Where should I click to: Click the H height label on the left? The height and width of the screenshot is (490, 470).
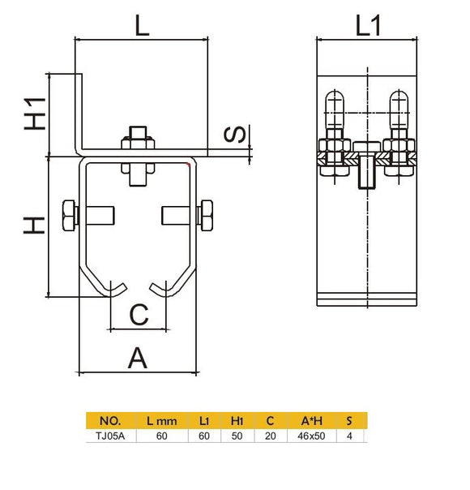coord(34,225)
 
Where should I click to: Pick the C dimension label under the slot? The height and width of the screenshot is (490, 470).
coord(139,314)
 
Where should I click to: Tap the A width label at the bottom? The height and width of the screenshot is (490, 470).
coord(139,357)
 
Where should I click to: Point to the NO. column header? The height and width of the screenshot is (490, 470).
coord(110,421)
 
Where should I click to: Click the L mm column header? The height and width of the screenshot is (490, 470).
coord(161,421)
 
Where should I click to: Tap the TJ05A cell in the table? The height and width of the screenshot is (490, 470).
coord(110,436)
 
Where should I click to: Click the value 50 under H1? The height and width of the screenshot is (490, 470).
coord(237,436)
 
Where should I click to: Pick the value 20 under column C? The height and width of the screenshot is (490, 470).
coord(270,436)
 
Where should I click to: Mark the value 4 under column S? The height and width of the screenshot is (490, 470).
coord(349,436)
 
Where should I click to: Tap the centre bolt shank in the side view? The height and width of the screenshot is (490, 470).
coord(367,171)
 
